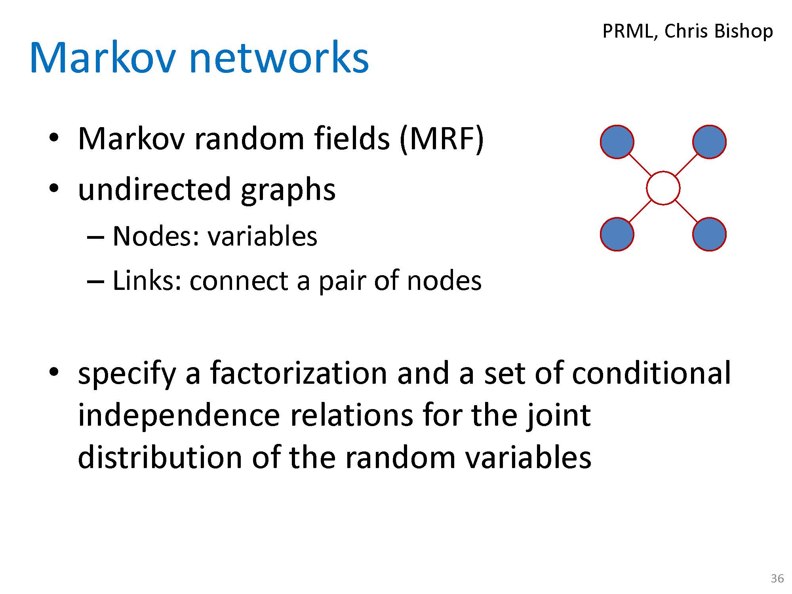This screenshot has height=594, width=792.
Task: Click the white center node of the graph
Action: pyautogui.click(x=663, y=188)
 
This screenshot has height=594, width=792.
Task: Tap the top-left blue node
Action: pyautogui.click(x=617, y=142)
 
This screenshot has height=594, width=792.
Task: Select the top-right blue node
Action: pyautogui.click(x=709, y=142)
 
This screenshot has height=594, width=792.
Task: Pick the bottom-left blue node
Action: pyautogui.click(x=617, y=234)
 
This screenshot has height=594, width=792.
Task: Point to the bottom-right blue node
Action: pyautogui.click(x=709, y=234)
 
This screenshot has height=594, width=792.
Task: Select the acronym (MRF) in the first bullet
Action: pyautogui.click(x=442, y=139)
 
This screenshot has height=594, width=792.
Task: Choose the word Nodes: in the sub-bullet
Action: pyautogui.click(x=156, y=236)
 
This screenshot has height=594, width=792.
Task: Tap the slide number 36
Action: pyautogui.click(x=777, y=579)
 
